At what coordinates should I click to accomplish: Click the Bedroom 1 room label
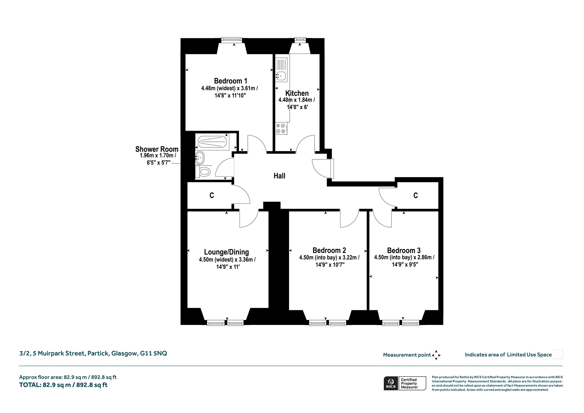point(230,81)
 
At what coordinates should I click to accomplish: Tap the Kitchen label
point(297,93)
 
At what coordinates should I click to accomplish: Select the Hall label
point(279,176)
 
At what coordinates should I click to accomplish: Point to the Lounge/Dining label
point(226,252)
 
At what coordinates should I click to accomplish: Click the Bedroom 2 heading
point(329,250)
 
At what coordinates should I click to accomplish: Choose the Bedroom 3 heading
point(404,250)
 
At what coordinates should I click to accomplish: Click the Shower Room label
point(157,149)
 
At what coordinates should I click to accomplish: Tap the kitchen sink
point(281,75)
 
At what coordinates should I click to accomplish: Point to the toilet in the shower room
point(203,172)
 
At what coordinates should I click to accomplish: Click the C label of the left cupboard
point(212,195)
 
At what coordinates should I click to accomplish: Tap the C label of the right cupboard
point(415,195)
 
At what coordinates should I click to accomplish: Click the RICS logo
point(391,383)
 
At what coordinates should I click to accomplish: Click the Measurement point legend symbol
point(436,355)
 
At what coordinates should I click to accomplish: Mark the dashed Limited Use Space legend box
point(558,354)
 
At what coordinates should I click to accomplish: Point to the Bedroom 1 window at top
point(232,40)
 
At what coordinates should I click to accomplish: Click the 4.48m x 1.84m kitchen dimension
point(297,100)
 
